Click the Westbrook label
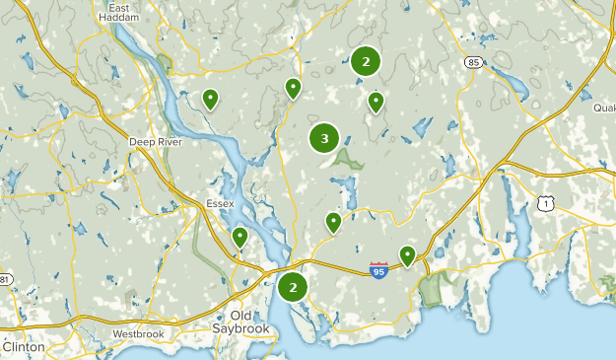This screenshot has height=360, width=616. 137,334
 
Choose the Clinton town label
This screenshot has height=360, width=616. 23,347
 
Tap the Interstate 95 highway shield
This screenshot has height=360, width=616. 378,270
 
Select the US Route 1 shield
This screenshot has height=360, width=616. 544,202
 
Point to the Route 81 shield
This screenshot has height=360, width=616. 5,280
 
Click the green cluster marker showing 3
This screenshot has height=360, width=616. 324,139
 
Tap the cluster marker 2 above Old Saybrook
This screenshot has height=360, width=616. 292,287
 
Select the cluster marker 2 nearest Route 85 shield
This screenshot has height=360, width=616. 366,61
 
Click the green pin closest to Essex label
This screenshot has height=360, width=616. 240,237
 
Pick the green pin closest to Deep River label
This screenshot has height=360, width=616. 210,98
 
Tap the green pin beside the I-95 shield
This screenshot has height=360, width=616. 407,255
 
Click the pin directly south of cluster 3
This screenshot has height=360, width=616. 333,222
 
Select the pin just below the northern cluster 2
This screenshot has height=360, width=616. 376,101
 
